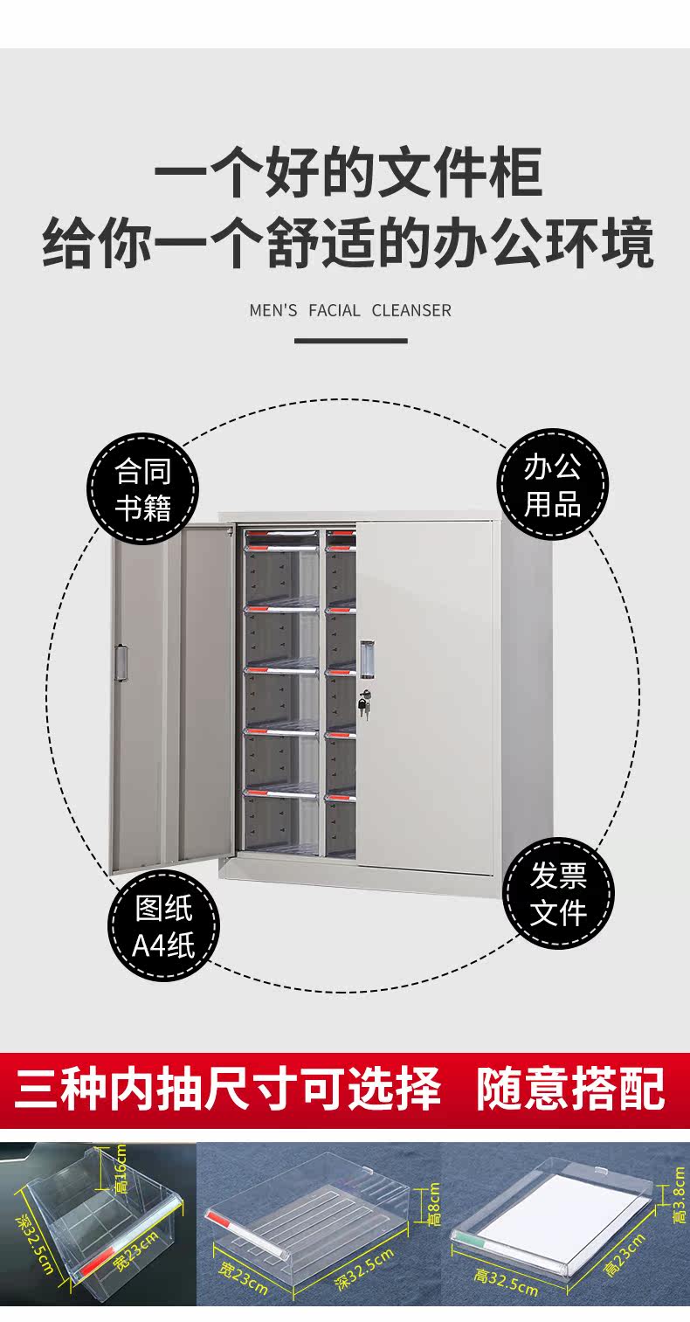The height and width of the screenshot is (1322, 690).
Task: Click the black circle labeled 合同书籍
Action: pyautogui.click(x=142, y=488)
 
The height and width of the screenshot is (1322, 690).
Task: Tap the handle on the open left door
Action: pyautogui.click(x=121, y=662)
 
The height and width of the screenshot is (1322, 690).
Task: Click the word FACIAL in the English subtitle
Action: pyautogui.click(x=335, y=310)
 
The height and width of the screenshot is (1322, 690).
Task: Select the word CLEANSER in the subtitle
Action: pyautogui.click(x=411, y=310)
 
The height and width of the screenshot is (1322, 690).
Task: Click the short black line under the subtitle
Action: pyautogui.click(x=350, y=340)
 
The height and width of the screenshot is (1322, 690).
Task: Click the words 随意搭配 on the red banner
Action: pyautogui.click(x=569, y=1089)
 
